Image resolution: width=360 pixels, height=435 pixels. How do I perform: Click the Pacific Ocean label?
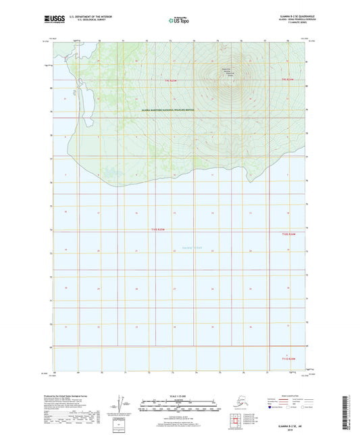(192, 248)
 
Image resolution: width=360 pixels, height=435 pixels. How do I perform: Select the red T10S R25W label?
(159, 231)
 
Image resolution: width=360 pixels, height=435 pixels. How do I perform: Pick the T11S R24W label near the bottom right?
(288, 359)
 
